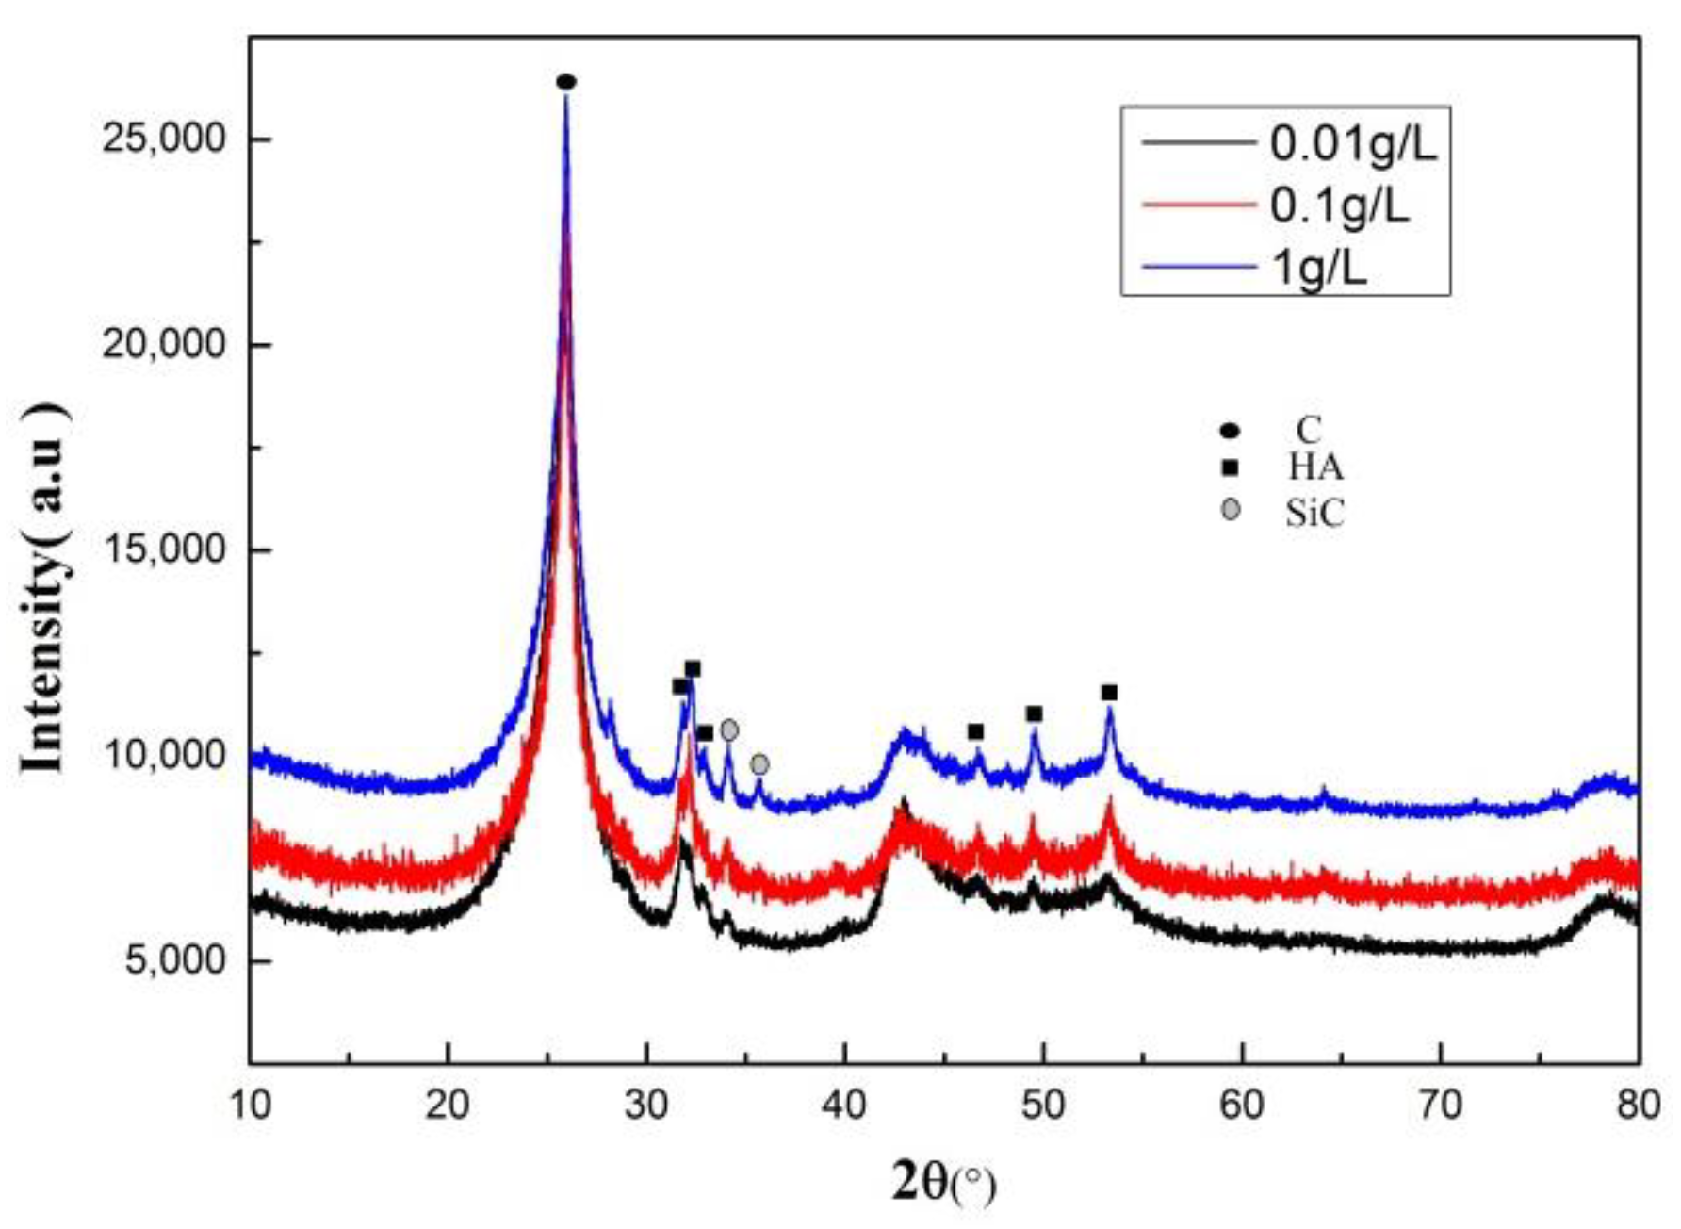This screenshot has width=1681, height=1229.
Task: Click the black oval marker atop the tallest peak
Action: click(565, 82)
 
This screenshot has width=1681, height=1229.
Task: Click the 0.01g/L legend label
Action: click(1352, 143)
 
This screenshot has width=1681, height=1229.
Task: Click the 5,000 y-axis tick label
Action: click(175, 961)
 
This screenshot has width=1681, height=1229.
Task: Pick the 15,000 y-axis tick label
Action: click(164, 549)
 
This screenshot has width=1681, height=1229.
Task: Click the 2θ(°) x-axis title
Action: click(943, 1182)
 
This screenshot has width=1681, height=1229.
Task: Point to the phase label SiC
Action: click(1314, 514)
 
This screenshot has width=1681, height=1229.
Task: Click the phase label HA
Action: click(1315, 467)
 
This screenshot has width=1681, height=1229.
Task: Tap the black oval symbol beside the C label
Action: click(1230, 431)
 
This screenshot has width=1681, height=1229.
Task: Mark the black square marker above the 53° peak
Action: click(1109, 693)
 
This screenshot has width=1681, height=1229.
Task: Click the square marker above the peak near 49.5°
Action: click(1034, 714)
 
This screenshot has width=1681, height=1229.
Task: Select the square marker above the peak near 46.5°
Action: click(975, 732)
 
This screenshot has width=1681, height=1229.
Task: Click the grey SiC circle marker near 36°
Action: click(759, 764)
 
